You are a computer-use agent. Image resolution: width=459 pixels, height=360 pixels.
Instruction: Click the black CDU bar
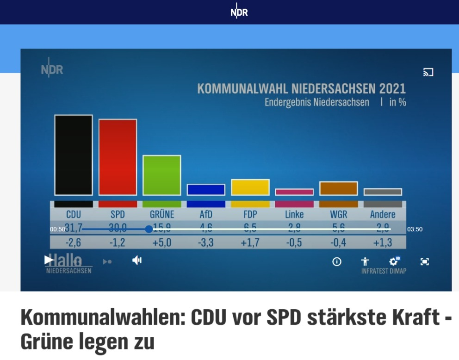click(73, 155)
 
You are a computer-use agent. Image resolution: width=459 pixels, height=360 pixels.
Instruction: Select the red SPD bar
click(118, 157)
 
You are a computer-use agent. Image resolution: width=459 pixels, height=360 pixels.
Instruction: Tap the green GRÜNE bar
click(161, 175)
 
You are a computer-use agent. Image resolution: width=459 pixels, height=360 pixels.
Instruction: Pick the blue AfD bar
click(206, 190)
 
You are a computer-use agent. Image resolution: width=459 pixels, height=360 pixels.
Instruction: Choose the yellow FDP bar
click(250, 187)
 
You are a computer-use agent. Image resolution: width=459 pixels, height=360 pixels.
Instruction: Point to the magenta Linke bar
click(294, 192)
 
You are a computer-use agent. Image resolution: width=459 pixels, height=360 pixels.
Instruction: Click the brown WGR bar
click(338, 188)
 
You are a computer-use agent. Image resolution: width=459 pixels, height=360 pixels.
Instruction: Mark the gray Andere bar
click(383, 192)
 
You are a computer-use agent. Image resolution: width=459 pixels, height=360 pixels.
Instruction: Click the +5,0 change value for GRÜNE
click(161, 242)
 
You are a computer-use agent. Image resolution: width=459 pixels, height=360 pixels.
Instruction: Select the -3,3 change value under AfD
click(206, 242)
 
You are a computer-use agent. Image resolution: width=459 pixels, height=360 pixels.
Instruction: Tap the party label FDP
click(250, 215)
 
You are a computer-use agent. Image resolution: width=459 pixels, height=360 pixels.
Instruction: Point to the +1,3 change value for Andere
click(383, 242)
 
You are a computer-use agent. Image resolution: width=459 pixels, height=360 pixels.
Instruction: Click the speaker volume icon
click(137, 261)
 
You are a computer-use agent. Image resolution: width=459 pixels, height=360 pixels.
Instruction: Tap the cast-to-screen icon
click(428, 72)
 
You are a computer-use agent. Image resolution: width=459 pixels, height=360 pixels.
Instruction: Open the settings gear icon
click(394, 261)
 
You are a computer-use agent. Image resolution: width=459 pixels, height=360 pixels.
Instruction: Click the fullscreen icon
click(424, 261)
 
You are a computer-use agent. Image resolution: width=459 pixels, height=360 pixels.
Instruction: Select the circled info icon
click(337, 261)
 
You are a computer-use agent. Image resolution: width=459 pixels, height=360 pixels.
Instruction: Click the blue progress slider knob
click(149, 229)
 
